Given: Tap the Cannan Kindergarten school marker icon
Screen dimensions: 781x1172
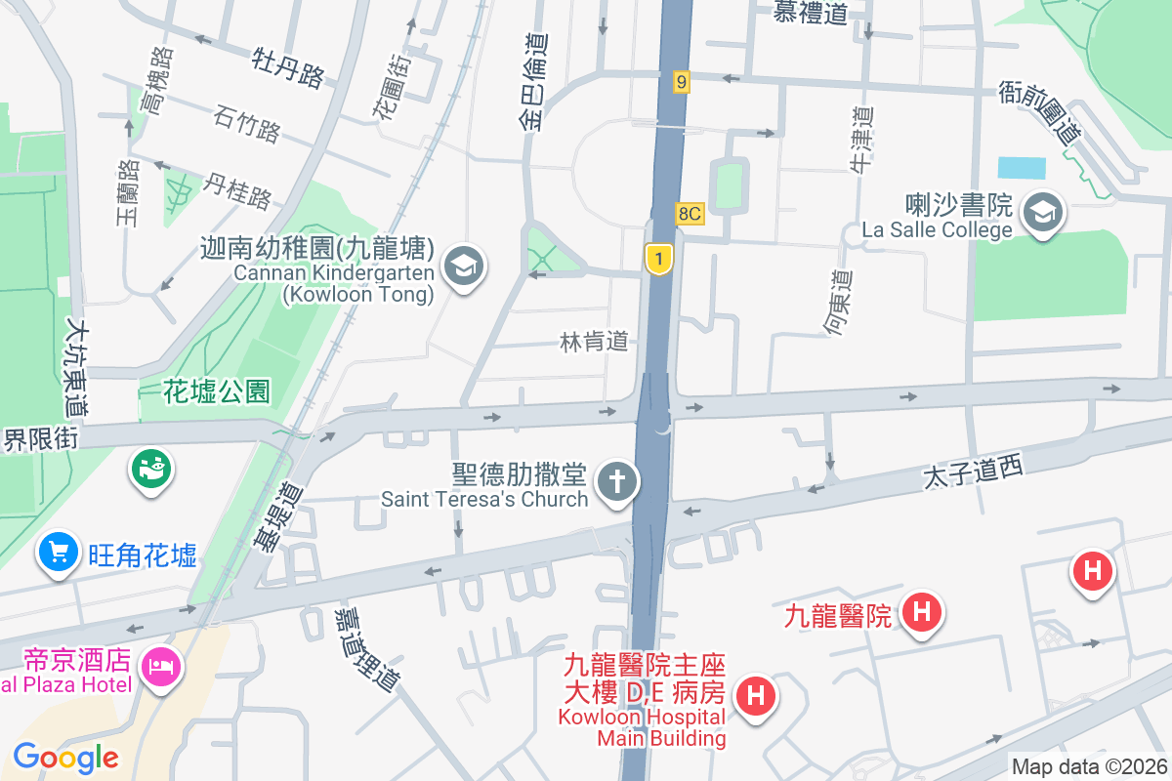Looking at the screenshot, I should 463,266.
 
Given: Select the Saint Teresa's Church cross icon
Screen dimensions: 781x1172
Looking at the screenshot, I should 617,481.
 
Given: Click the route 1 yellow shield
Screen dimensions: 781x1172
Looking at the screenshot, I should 659,259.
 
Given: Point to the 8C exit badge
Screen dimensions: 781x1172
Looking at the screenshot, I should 690,214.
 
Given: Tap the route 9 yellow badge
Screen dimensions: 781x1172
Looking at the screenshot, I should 681,82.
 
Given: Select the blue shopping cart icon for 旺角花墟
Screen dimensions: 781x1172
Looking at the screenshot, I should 58,553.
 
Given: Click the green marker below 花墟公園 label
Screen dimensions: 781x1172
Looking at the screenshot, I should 150,470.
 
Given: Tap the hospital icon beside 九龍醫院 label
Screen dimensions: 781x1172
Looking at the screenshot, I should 921,613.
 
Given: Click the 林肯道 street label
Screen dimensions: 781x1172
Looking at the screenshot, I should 595,343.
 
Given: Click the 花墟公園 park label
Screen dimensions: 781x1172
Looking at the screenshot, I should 217,392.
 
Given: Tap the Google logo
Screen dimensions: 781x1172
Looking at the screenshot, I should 66,757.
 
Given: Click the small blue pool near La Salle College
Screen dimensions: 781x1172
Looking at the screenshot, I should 1022,167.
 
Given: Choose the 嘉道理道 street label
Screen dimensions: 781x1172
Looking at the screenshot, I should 366,649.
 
